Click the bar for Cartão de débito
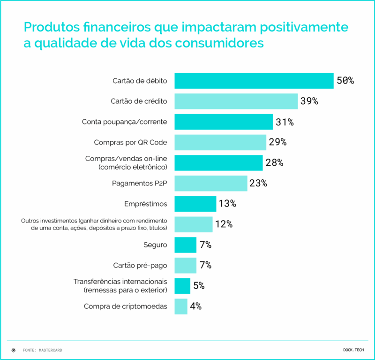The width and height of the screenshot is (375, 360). click(254, 81)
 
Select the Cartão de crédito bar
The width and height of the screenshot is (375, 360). click(236, 101)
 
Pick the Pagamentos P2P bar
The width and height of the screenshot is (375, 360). click(210, 183)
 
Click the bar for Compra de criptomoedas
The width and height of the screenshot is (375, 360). click(181, 306)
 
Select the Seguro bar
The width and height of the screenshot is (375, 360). click(185, 245)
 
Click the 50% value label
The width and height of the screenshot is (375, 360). click(345, 81)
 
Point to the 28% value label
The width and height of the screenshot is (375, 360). click(274, 163)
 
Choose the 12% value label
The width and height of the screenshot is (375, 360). click(224, 224)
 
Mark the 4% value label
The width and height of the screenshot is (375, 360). click(195, 306)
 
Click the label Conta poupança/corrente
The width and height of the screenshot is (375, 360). click(125, 122)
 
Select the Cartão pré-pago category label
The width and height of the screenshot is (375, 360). click(140, 265)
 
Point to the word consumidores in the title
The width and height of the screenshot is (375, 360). click(219, 43)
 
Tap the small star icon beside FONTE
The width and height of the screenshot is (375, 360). click(13, 350)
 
